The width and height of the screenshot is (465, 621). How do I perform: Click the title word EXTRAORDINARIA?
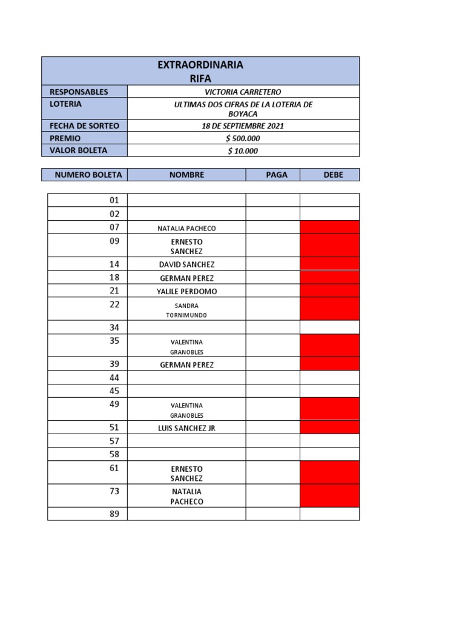[x=200, y=65]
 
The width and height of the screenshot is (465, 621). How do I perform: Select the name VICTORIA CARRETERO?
[x=243, y=92]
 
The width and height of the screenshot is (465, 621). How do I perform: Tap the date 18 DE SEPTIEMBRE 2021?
[x=243, y=126]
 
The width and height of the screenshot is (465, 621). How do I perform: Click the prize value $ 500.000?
[x=243, y=138]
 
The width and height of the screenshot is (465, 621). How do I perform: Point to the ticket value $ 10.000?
[x=243, y=150]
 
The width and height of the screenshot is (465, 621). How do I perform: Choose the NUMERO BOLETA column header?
[x=88, y=175]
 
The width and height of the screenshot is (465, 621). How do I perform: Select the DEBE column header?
[x=333, y=175]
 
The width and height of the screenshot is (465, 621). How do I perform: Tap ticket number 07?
[x=114, y=227]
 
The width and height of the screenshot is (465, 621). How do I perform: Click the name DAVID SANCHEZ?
[x=186, y=264]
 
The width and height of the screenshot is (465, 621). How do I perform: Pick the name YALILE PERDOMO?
[x=186, y=291]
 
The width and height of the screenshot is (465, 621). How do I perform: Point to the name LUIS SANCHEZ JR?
[x=186, y=428]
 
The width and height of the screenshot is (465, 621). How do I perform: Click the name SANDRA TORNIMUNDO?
[x=186, y=310]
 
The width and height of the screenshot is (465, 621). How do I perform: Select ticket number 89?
[x=114, y=514]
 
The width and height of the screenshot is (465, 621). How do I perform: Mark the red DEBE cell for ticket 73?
[x=329, y=495]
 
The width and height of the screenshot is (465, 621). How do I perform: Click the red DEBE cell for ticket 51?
[x=329, y=428]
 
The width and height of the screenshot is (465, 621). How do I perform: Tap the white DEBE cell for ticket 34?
[x=329, y=327]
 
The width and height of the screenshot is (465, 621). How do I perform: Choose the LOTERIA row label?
[x=65, y=104]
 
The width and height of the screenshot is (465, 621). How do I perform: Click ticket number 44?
[x=114, y=378]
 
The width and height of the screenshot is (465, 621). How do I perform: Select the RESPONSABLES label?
[x=79, y=92]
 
